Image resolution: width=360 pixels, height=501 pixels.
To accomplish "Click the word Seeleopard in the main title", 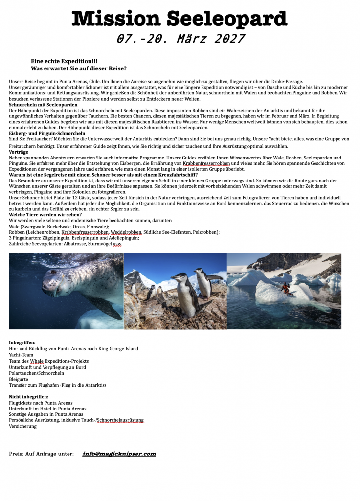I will tap(227, 18).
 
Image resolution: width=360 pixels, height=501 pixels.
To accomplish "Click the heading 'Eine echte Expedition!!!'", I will tap(64, 61).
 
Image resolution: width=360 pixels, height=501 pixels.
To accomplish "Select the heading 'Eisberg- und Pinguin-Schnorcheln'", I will tap(47, 133).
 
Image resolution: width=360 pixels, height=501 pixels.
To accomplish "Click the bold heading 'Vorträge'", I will tap(19, 152).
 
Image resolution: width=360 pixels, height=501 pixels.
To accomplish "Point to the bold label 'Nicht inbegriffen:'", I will tap(29, 396).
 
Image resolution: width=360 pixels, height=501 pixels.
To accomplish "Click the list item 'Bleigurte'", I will tap(19, 379).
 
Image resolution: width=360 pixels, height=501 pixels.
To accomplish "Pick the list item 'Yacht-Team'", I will tap(22, 355).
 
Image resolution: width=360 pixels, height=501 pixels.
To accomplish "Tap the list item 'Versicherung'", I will tap(22, 426).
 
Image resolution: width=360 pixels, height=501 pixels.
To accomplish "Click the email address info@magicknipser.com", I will tap(119, 454).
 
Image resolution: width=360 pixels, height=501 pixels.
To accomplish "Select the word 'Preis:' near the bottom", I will tap(18, 454).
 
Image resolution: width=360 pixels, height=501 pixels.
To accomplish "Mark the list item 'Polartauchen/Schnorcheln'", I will tap(36, 373).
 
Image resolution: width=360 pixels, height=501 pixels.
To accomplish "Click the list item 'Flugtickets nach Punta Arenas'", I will tap(41, 403).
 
